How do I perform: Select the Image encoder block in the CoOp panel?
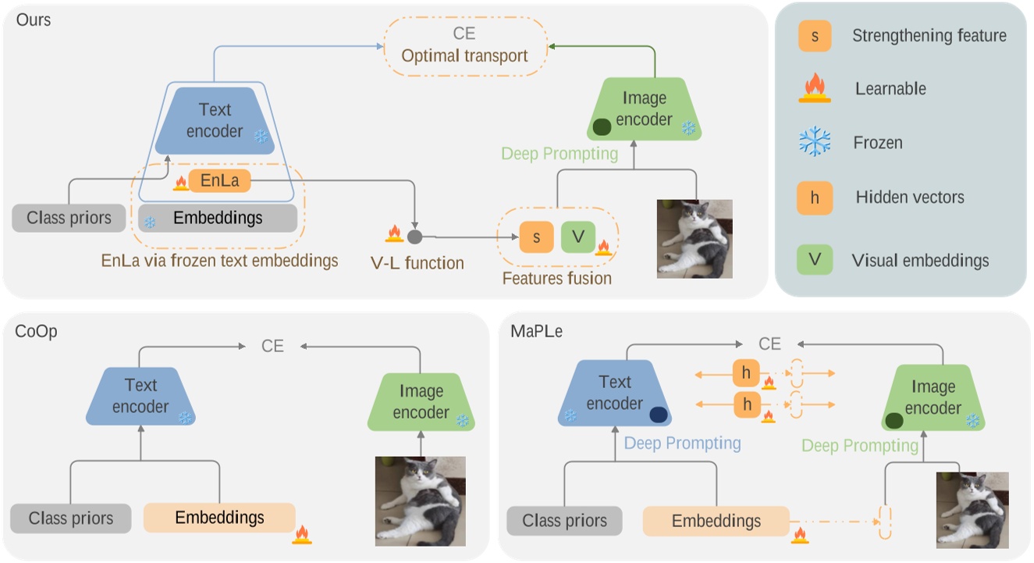(421, 401)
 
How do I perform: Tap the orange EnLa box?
(219, 182)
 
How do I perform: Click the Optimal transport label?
(464, 56)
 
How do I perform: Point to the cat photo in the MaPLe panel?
(972, 509)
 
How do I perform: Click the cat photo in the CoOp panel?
(421, 501)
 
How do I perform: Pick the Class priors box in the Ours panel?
(69, 218)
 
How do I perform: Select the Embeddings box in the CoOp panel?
(219, 518)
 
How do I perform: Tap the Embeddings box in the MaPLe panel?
(716, 520)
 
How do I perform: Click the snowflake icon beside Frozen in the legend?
(815, 143)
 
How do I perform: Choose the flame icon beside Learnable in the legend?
(815, 87)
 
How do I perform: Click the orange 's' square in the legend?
(815, 35)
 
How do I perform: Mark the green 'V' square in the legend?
(815, 260)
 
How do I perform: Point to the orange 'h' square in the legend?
(815, 198)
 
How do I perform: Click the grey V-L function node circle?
(415, 236)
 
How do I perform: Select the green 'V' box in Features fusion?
(577, 237)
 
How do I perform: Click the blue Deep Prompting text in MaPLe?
(682, 444)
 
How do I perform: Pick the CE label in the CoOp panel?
(272, 346)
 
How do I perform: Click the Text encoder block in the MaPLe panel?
(615, 393)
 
